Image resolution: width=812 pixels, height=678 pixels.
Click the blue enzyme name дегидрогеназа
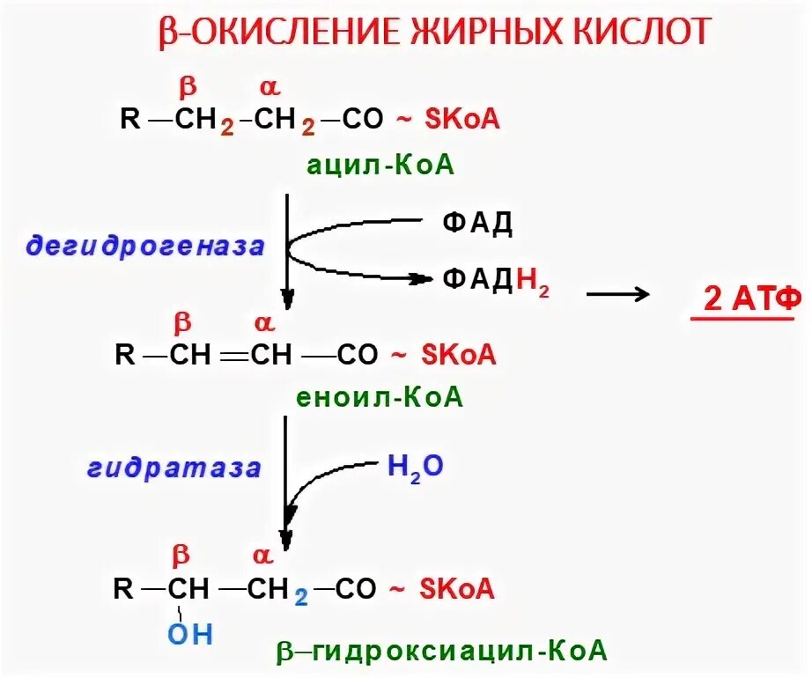145,247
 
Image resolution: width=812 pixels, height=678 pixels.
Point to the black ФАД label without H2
477,223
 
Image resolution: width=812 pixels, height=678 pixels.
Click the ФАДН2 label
496,282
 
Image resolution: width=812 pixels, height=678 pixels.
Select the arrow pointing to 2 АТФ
618,294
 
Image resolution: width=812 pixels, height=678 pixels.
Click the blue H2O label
415,465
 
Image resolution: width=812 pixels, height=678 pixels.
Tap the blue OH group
190,634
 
